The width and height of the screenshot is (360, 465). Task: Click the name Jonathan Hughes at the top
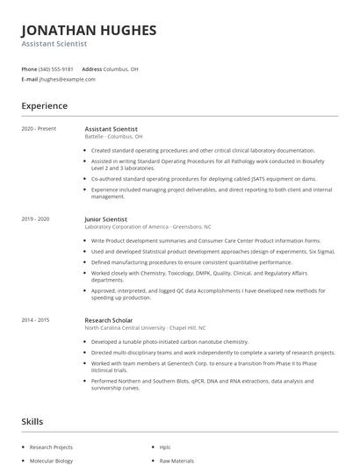tap(89, 31)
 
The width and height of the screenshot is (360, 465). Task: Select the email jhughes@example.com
tap(68, 79)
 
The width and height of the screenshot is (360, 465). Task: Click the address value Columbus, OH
tap(121, 68)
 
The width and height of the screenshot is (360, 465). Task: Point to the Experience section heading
tap(44, 106)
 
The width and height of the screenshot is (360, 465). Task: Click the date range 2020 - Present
tap(39, 129)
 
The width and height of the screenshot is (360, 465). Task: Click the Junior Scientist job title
tap(106, 218)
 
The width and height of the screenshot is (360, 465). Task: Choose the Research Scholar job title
tap(108, 320)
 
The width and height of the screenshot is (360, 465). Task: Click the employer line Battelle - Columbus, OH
tap(113, 137)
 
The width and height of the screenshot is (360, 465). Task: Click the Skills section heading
tap(33, 422)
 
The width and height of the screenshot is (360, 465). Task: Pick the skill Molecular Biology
tap(52, 459)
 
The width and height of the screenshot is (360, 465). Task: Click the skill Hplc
tap(165, 447)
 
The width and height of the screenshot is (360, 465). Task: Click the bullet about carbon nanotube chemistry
tap(158, 341)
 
